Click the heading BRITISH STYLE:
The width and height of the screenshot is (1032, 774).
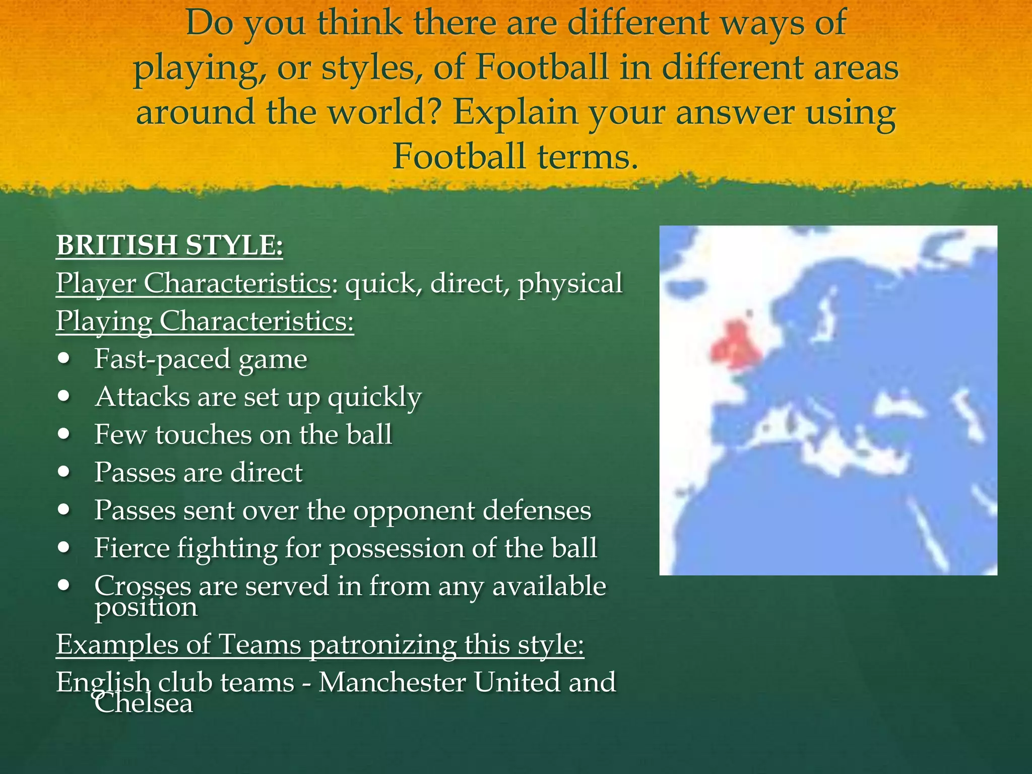(169, 245)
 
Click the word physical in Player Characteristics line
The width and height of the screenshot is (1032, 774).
(570, 283)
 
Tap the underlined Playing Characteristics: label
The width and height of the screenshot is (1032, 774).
(205, 321)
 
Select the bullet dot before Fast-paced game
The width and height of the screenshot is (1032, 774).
(64, 359)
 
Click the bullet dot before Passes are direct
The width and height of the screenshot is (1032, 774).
(64, 472)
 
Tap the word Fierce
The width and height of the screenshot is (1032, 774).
(132, 548)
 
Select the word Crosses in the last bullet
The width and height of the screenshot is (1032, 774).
(143, 586)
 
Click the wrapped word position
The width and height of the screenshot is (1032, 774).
(146, 608)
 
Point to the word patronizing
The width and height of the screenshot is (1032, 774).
(382, 645)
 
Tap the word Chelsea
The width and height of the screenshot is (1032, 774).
(144, 703)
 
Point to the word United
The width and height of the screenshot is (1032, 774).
(516, 682)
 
